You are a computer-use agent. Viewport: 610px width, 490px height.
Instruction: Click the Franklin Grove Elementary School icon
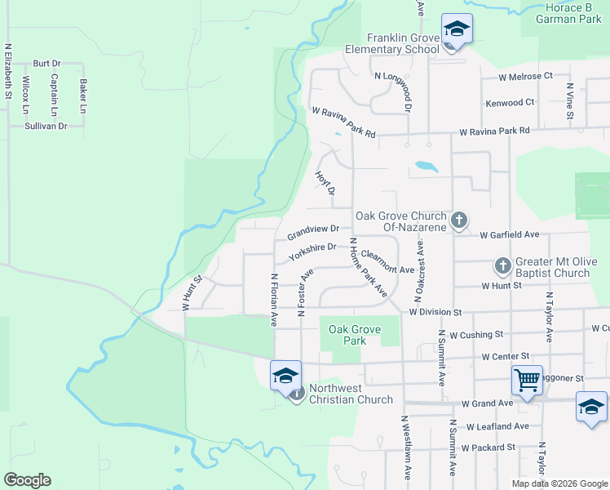[x=457, y=29]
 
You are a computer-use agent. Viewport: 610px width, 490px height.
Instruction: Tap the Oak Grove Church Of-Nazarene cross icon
[x=459, y=220]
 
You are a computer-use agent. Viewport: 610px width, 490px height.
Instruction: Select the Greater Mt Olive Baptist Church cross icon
[x=502, y=266]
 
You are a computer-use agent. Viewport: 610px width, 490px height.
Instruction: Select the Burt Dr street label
[x=47, y=63]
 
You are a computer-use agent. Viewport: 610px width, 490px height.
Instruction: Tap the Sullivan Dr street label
[x=46, y=127]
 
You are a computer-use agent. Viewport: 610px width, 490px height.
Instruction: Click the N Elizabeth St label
[x=8, y=72]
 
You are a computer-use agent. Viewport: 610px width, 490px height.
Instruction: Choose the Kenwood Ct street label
[x=510, y=103]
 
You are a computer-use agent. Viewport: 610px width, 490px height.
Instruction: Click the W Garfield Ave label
[x=510, y=234]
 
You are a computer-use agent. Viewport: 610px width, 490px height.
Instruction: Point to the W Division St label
[x=435, y=312]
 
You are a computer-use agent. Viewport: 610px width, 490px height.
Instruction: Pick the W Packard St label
[x=488, y=448]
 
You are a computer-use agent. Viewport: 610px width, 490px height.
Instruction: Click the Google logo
[x=27, y=480]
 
